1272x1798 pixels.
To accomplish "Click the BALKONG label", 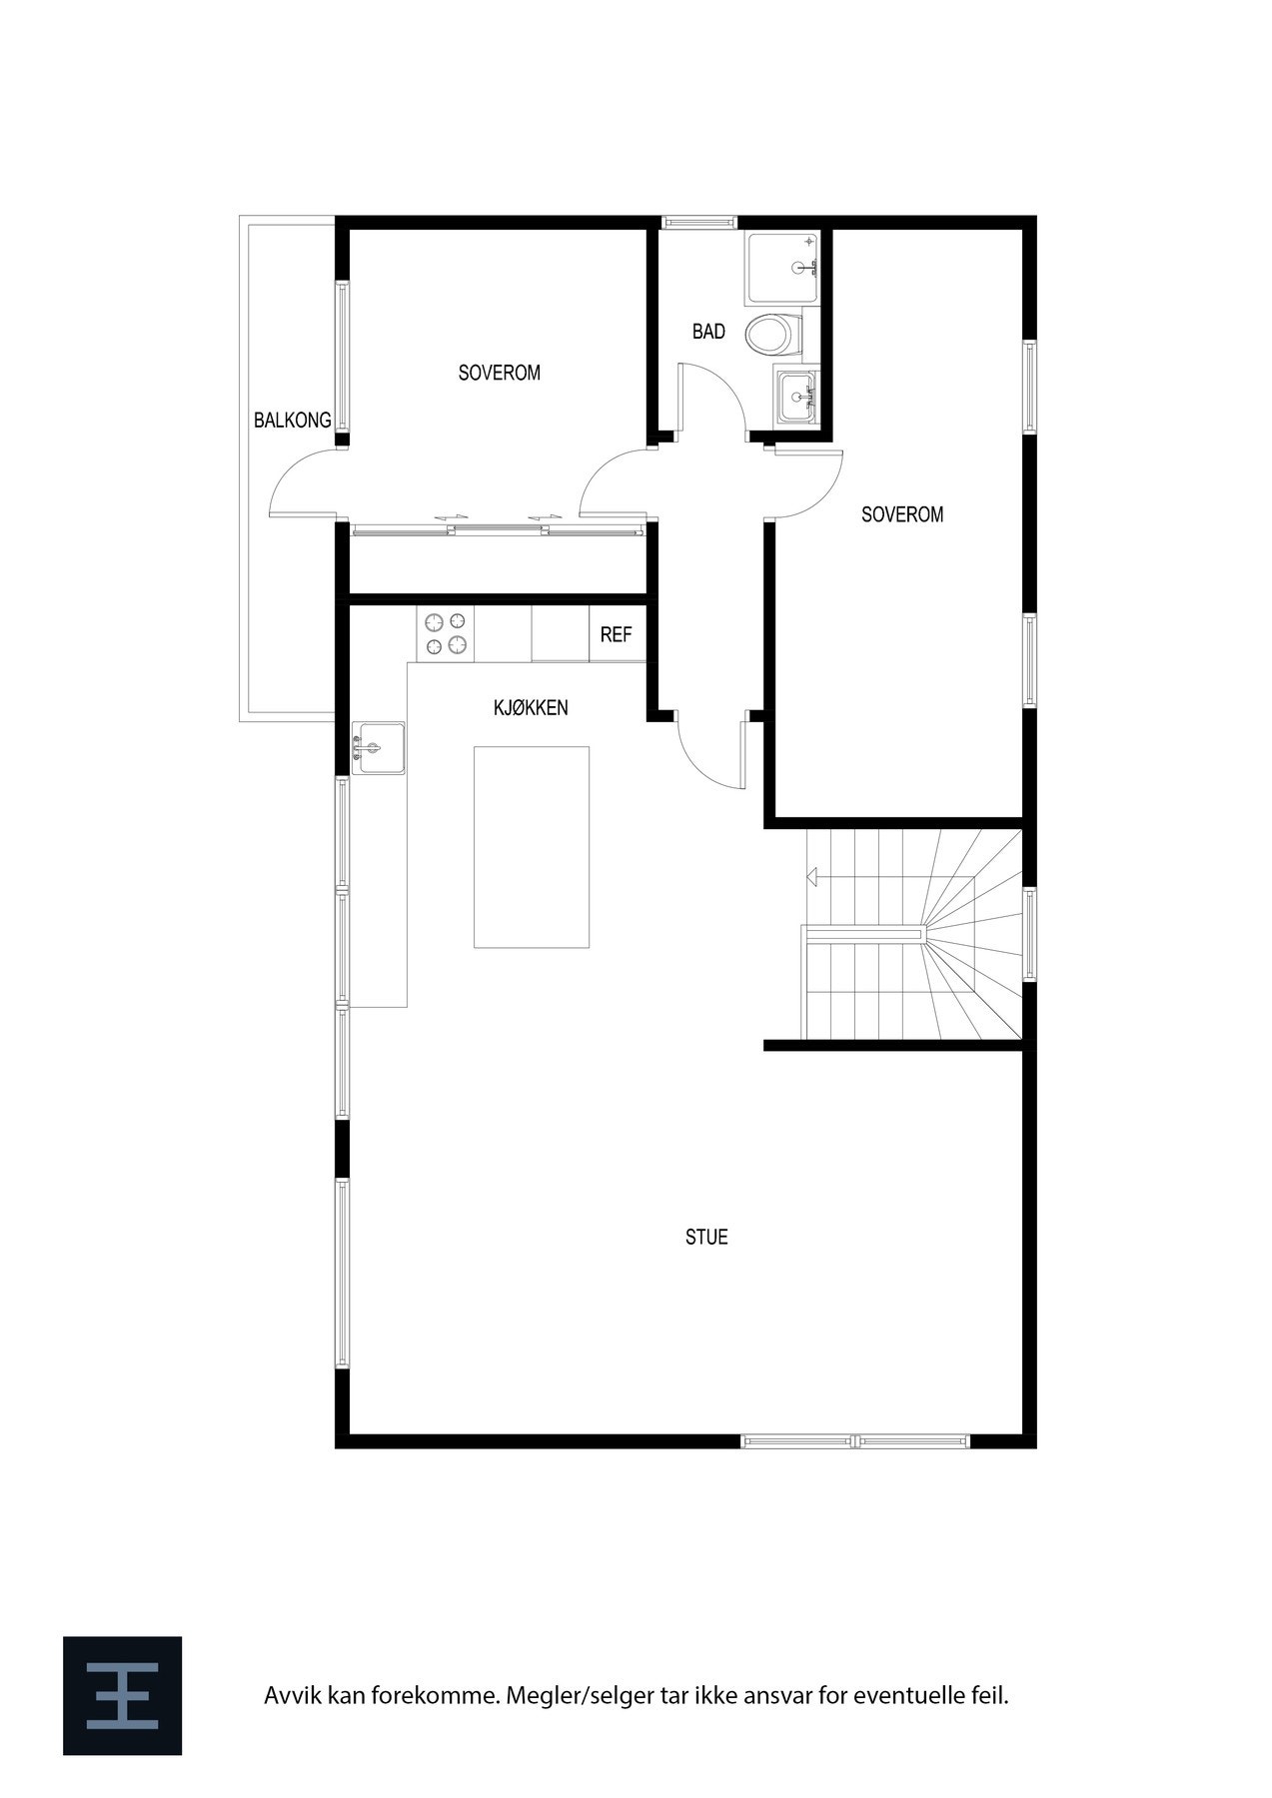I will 292,421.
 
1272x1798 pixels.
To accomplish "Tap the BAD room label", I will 708,332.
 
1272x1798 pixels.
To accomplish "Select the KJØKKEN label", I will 531,708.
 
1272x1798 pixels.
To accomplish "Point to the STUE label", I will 706,1238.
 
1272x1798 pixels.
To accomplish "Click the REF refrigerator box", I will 617,634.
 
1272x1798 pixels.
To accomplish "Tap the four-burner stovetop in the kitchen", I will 446,634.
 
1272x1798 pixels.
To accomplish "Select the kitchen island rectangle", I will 531,846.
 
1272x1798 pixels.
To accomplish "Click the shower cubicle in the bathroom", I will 782,269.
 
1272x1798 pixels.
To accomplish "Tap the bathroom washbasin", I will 796,396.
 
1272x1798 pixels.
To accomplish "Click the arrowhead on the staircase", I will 813,878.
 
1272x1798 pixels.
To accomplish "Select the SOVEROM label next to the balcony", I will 499,374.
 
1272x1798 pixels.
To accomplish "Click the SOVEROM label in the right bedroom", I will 901,515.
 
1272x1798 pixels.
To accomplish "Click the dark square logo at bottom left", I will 122,1695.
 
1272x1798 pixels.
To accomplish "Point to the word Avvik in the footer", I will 288,1695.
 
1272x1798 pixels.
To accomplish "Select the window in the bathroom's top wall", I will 698,222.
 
